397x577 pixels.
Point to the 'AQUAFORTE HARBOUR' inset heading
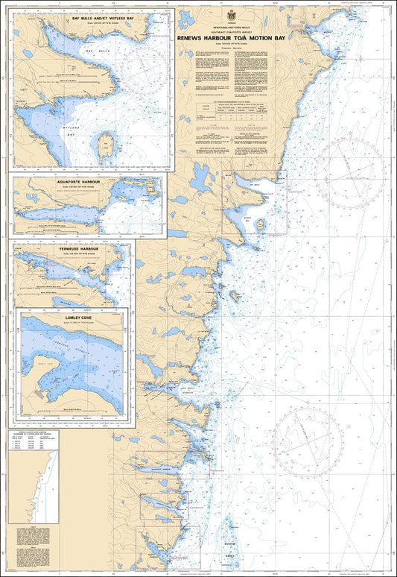(87, 180)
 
